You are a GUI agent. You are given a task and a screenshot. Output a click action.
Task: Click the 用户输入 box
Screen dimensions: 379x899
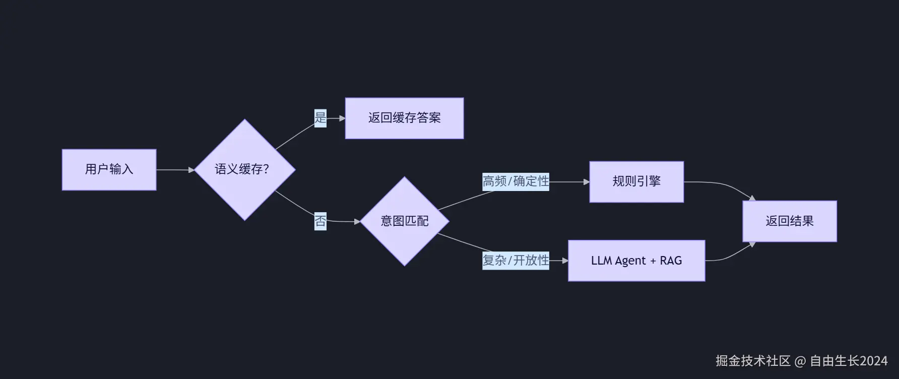[x=109, y=169]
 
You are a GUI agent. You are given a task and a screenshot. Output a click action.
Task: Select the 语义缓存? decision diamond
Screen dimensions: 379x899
[x=245, y=169]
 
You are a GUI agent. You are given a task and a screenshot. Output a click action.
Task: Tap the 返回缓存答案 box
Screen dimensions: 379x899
[x=404, y=118]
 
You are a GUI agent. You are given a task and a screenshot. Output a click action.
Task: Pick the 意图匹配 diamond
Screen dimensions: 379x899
[x=404, y=221]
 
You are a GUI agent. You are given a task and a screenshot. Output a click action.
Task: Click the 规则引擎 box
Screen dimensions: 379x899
[x=636, y=181]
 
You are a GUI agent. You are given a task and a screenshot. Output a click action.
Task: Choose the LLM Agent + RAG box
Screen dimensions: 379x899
[x=636, y=261]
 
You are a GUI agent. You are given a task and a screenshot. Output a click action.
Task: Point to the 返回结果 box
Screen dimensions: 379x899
[x=789, y=221]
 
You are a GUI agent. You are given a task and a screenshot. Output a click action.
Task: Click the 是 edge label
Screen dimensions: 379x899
[x=320, y=118]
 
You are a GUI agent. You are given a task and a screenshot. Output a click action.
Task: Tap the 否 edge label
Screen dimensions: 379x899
[x=320, y=221]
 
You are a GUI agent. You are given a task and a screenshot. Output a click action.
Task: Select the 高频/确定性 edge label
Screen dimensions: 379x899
[x=516, y=181]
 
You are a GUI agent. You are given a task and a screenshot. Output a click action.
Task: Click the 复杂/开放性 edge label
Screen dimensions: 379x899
[x=516, y=261]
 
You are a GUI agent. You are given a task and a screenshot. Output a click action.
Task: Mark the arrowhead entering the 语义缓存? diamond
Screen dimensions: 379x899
[x=191, y=170]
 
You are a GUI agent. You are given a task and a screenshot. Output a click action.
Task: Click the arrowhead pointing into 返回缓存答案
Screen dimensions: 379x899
[x=342, y=118]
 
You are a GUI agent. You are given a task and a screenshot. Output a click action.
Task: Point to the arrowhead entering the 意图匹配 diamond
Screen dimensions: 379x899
[x=357, y=221]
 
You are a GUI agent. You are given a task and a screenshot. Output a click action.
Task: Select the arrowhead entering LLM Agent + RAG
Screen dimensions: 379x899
[x=565, y=261]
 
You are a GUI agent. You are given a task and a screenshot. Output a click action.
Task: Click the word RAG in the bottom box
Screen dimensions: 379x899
[x=671, y=261]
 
